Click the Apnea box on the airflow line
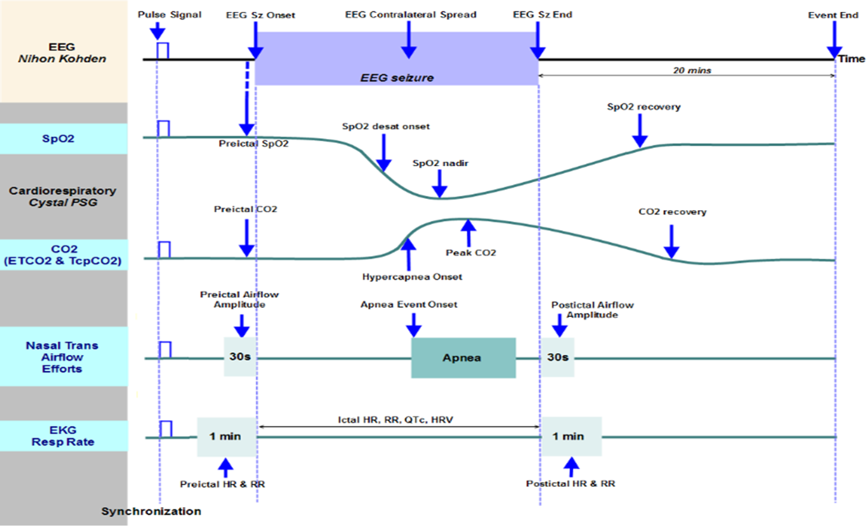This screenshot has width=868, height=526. tap(463, 357)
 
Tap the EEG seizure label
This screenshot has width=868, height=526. tap(397, 78)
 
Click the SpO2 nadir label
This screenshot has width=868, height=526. tap(440, 163)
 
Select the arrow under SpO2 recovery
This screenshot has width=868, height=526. tap(640, 130)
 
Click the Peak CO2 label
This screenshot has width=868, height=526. tap(471, 253)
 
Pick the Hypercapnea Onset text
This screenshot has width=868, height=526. tap(412, 277)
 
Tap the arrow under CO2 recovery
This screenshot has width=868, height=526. tap(671, 242)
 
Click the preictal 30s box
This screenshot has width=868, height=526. tap(240, 357)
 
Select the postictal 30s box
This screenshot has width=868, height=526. tap(557, 357)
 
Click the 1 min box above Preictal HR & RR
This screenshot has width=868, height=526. tap(226, 437)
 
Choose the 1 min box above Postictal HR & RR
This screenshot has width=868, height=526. tap(570, 437)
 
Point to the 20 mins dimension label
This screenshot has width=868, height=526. tap(692, 70)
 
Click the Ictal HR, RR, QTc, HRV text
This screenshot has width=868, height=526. tap(395, 419)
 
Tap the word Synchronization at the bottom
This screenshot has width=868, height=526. tap(151, 511)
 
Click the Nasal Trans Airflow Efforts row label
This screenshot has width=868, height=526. tap(62, 357)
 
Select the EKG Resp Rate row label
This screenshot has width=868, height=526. tap(63, 436)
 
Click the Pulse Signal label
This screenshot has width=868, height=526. tap(170, 15)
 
